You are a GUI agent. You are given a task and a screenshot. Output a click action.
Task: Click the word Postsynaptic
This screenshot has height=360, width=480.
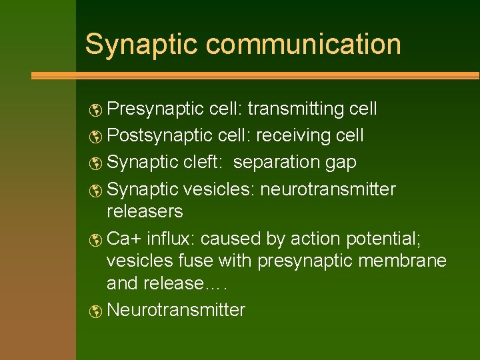point(159,135)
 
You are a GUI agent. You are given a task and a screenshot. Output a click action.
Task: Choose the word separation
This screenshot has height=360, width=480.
point(278,163)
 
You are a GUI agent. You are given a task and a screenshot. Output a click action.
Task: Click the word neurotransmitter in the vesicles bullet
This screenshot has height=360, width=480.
point(328,189)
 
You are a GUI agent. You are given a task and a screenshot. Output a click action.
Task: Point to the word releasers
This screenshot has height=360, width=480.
point(145,212)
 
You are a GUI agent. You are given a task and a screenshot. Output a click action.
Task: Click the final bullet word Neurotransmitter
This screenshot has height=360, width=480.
point(176,310)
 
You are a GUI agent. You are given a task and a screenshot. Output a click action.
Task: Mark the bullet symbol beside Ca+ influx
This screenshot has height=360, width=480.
point(97,239)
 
